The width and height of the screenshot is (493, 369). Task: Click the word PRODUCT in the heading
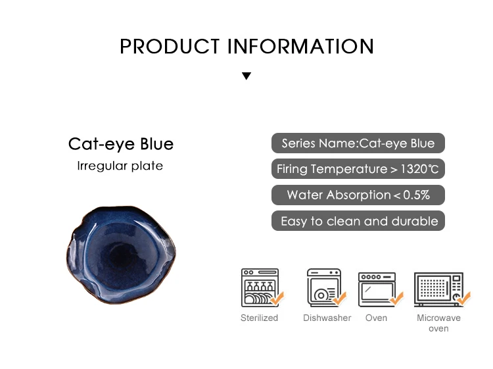pyautogui.click(x=170, y=47)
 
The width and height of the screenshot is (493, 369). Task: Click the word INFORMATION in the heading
pyautogui.click(x=300, y=47)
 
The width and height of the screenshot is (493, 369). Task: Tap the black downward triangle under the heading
pyautogui.click(x=246, y=76)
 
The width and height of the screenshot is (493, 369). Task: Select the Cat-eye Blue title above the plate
pyautogui.click(x=121, y=144)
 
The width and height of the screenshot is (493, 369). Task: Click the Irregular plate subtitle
pyautogui.click(x=120, y=166)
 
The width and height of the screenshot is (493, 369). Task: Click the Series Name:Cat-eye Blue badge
pyautogui.click(x=358, y=143)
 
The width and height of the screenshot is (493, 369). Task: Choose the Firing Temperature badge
pyautogui.click(x=358, y=169)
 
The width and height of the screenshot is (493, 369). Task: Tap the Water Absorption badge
pyautogui.click(x=358, y=195)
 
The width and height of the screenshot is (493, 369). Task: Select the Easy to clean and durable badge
pyautogui.click(x=358, y=221)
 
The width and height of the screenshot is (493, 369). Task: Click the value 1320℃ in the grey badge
pyautogui.click(x=419, y=169)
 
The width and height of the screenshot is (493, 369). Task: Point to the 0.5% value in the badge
pyautogui.click(x=416, y=195)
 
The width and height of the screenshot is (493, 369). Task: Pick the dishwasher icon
pyautogui.click(x=325, y=287)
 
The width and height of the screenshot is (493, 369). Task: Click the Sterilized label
pyautogui.click(x=260, y=318)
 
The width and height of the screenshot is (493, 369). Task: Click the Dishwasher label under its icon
pyautogui.click(x=327, y=318)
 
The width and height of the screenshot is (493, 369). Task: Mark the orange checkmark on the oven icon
pyautogui.click(x=397, y=298)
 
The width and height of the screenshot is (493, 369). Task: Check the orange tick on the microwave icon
pyautogui.click(x=464, y=298)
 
